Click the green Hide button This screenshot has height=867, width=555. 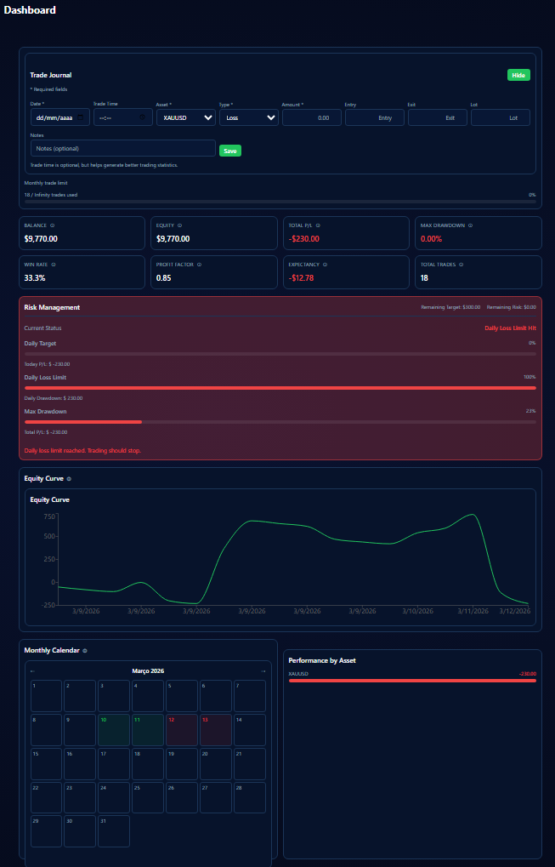pos(518,75)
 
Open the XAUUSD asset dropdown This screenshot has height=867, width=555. pos(184,117)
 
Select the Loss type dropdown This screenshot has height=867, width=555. pos(248,117)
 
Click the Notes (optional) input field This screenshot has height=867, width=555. pos(122,148)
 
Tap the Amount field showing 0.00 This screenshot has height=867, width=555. pos(311,117)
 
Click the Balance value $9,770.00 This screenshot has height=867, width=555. pos(41,239)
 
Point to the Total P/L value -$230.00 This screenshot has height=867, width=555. pos(304,239)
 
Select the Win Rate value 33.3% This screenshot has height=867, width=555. pos(35,278)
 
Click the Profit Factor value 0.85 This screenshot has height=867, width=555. pos(164,278)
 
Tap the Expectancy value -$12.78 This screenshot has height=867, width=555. pos(302,278)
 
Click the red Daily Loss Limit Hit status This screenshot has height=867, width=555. pos(510,328)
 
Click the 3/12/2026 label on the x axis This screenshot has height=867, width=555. pos(514,611)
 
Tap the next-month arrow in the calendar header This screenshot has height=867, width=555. pos(263,671)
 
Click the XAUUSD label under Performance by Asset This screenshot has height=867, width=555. pos(298,674)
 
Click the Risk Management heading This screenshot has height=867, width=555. pos(52,307)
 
